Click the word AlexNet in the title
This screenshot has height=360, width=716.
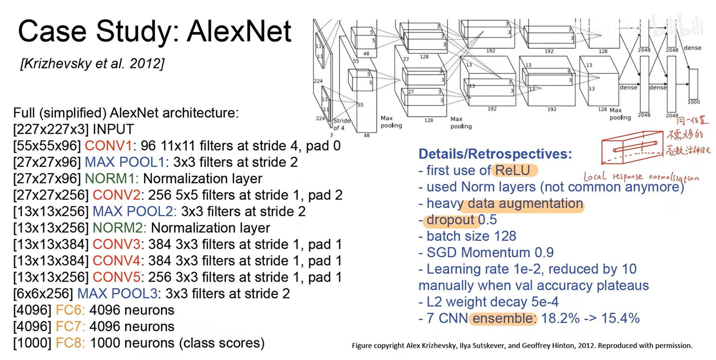pos(239,31)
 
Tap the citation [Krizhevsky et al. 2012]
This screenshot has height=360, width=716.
pos(92,64)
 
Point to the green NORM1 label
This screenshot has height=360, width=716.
pos(111,179)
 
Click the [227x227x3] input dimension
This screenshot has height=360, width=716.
pos(50,129)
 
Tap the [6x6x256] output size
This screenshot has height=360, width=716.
pos(43,294)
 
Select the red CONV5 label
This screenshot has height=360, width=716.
pos(116,277)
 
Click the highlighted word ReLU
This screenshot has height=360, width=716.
pos(512,170)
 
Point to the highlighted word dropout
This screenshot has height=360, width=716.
pos(450,220)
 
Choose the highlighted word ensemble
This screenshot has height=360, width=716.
pos(502,318)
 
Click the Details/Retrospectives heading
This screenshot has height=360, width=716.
pos(495,153)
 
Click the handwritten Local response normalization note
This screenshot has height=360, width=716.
pos(641,177)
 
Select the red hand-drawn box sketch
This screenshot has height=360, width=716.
pos(632,148)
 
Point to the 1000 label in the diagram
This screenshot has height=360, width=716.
pos(694,102)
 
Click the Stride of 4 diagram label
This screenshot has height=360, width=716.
pos(341,124)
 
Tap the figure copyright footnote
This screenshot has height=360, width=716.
pos(522,345)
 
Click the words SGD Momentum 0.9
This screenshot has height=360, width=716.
pos(490,252)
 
